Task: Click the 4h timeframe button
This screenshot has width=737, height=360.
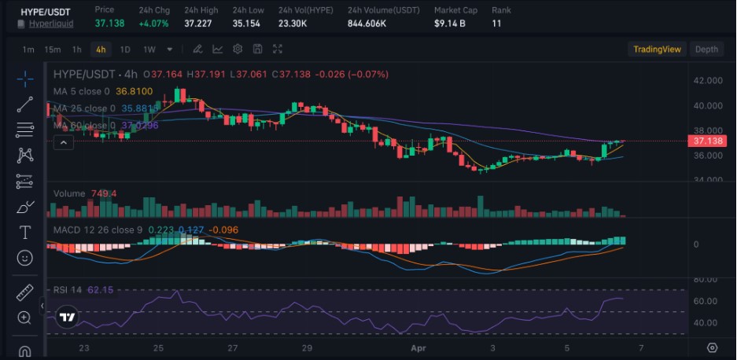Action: pos(101,50)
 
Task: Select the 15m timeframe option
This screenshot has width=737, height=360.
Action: pos(53,50)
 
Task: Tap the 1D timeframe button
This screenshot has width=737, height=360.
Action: pos(125,50)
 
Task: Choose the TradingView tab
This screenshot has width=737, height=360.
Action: pos(657,50)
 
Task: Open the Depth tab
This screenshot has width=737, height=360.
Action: pos(706,50)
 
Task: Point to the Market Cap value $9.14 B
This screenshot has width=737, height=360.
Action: pos(450,24)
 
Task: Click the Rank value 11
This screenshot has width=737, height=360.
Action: pos(496,24)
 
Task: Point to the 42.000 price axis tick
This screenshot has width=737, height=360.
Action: pos(708,81)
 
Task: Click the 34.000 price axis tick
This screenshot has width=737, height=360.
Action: pos(708,180)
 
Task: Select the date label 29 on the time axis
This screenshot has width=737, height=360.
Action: pos(307,347)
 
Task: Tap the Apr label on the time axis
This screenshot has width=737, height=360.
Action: pos(418,347)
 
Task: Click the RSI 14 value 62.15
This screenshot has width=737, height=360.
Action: pos(101,290)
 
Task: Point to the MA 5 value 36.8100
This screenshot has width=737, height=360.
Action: pos(134,91)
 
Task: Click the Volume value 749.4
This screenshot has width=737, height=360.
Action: pos(104,193)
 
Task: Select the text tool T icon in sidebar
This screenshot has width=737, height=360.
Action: pos(24,232)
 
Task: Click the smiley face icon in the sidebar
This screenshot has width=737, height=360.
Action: pos(24,258)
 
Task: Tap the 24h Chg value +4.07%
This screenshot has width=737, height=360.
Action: pos(154,24)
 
